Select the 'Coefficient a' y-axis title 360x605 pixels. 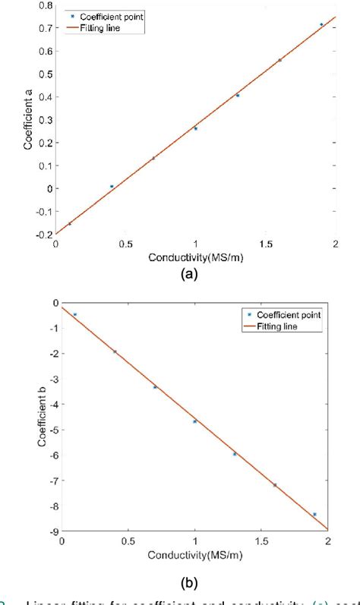tap(27, 119)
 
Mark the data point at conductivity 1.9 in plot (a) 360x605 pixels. tap(321, 24)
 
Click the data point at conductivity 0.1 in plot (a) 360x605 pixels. tap(70, 223)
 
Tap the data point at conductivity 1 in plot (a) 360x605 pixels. tap(196, 128)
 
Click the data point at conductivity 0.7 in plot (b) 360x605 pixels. tap(155, 387)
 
